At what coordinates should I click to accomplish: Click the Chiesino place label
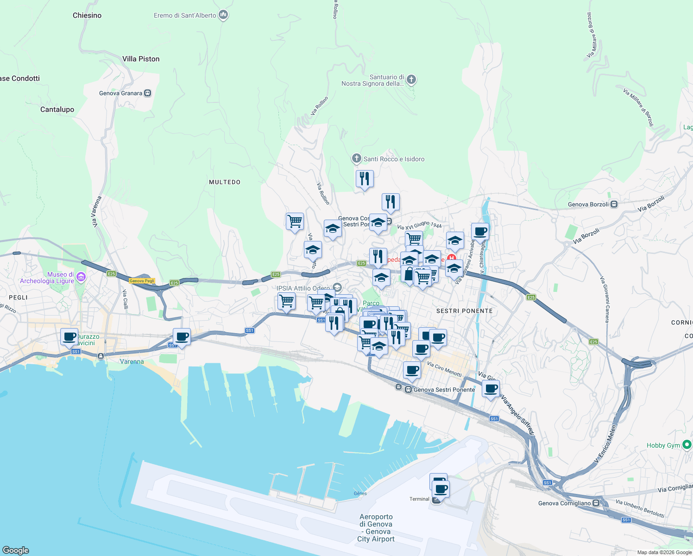pyautogui.click(x=87, y=15)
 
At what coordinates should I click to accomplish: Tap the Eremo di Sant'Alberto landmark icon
pyautogui.click(x=224, y=15)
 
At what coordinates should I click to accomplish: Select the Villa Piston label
pyautogui.click(x=141, y=59)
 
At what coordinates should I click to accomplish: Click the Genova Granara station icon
pyautogui.click(x=148, y=93)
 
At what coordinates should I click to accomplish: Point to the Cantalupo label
pyautogui.click(x=57, y=109)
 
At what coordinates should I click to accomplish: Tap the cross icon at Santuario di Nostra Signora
pyautogui.click(x=411, y=80)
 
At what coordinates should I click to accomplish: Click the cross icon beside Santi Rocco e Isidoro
pyautogui.click(x=356, y=159)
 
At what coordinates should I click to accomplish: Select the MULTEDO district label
pyautogui.click(x=225, y=182)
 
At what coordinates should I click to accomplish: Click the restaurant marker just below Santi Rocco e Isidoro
pyautogui.click(x=365, y=178)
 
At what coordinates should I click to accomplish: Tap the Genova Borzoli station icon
pyautogui.click(x=614, y=204)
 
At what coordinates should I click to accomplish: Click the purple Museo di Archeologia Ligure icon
pyautogui.click(x=81, y=277)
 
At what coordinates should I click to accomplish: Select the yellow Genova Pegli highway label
pyautogui.click(x=142, y=281)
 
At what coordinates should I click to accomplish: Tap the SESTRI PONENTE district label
pyautogui.click(x=464, y=311)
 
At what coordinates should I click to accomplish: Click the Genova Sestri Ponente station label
pyautogui.click(x=444, y=390)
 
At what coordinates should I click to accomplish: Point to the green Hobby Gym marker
pyautogui.click(x=687, y=445)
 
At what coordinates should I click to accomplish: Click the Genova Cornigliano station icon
pyautogui.click(x=596, y=503)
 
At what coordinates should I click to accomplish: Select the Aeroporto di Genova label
pyautogui.click(x=376, y=528)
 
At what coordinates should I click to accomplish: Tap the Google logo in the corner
pyautogui.click(x=16, y=550)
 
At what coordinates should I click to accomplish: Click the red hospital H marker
pyautogui.click(x=451, y=259)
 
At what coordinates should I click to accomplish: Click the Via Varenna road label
pyautogui.click(x=96, y=212)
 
